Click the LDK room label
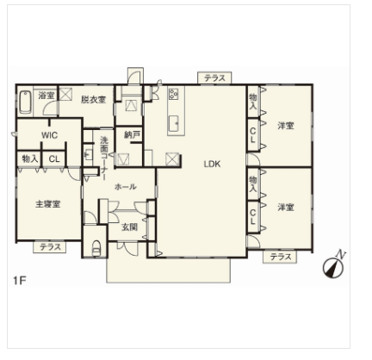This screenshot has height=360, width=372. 212,164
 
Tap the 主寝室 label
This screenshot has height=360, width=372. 48,204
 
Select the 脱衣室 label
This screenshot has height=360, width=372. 93,100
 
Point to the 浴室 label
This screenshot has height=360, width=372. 46,95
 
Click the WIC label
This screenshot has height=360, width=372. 49,135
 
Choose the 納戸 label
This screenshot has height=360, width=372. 132,134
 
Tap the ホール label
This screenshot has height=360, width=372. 126,187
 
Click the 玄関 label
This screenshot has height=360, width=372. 130,227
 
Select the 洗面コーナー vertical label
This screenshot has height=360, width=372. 104,158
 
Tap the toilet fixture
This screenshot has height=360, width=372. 96,248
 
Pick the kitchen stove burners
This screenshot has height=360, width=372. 173,94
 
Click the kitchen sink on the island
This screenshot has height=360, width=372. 174,123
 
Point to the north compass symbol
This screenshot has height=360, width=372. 334,265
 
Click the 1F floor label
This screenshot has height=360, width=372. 20,280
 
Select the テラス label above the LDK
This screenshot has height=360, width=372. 214,78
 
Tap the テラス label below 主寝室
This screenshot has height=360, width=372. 50,247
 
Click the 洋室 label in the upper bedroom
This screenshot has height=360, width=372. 286,126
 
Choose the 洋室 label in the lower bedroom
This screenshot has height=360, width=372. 286,207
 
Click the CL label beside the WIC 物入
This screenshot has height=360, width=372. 54,158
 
